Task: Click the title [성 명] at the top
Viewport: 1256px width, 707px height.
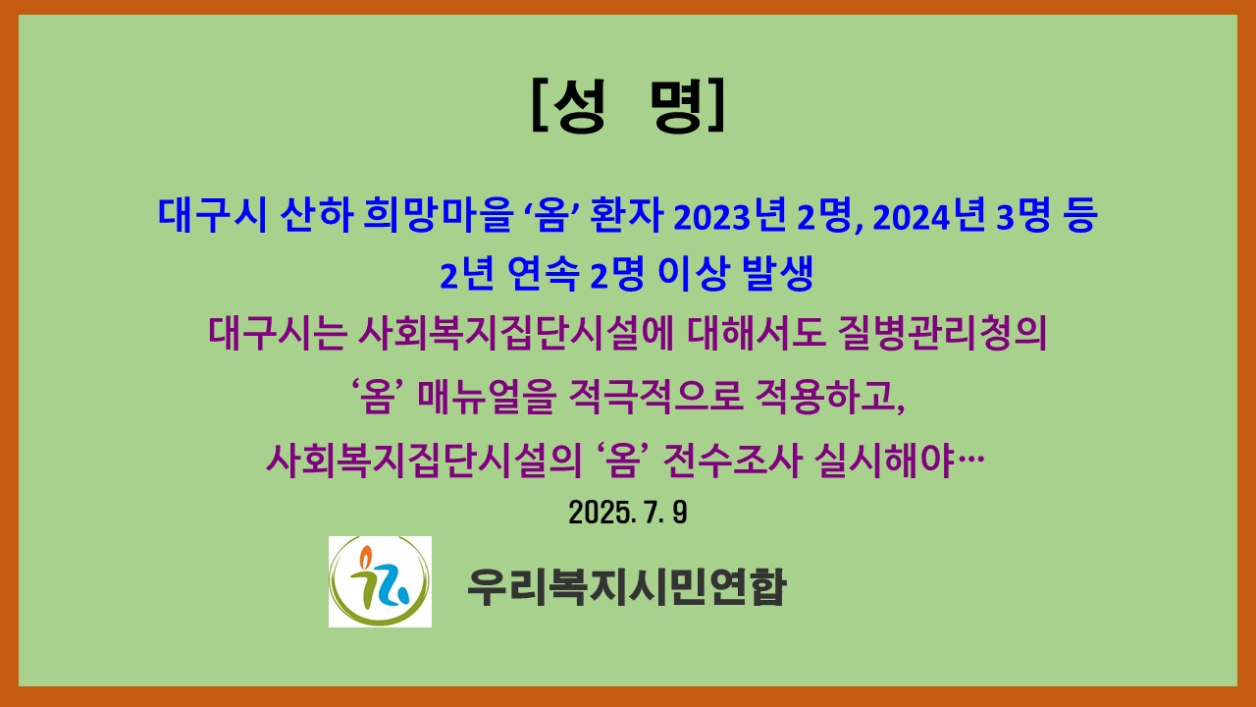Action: pos(628,106)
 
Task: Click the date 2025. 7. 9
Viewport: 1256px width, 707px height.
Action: pos(627,513)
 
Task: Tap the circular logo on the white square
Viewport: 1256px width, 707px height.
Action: pos(380,581)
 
